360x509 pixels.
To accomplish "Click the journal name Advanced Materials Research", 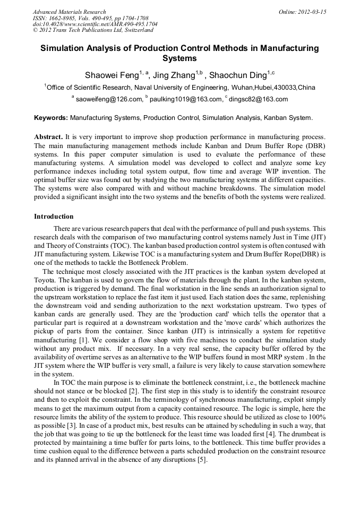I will coord(69,12).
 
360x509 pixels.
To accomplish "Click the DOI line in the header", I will coord(95,24).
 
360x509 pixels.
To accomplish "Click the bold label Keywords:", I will coord(51,117).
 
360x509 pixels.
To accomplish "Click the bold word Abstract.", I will coord(48,137).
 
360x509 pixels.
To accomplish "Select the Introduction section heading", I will coord(54,217).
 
